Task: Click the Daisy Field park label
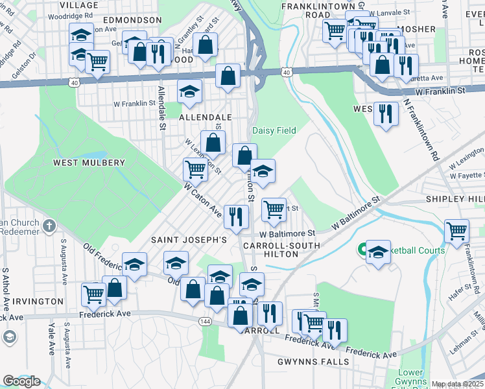(274, 130)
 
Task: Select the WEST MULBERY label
(89, 162)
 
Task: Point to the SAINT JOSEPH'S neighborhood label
(189, 239)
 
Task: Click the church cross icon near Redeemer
(49, 226)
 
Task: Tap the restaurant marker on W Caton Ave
(237, 216)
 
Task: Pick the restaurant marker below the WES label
(386, 113)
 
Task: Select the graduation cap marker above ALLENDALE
(189, 91)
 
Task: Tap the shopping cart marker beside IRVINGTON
(93, 294)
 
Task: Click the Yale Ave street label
(51, 340)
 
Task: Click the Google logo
(21, 381)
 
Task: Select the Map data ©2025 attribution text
(457, 384)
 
